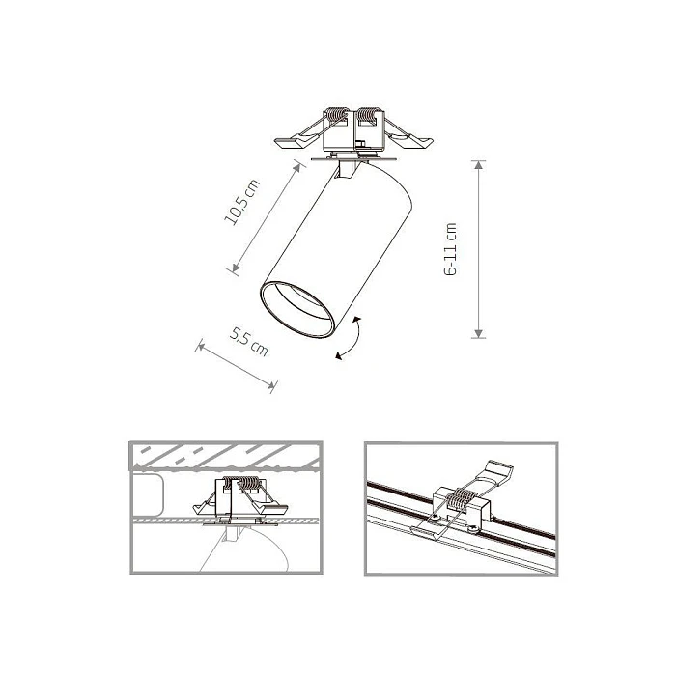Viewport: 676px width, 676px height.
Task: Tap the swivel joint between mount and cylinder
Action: [351, 170]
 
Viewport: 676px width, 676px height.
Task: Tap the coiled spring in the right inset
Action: [462, 501]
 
